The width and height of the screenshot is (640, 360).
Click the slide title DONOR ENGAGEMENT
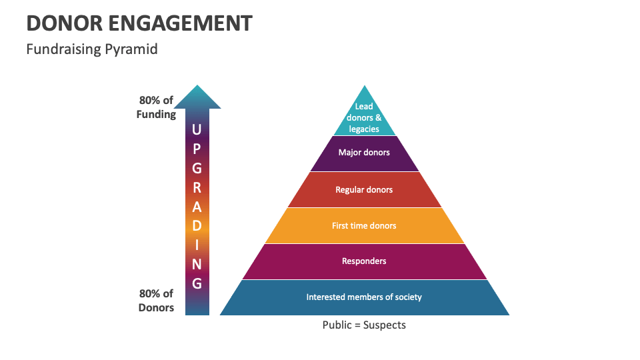pyautogui.click(x=139, y=23)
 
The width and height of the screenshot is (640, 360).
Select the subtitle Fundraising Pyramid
pyautogui.click(x=92, y=49)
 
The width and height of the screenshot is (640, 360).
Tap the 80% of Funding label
pyautogui.click(x=156, y=107)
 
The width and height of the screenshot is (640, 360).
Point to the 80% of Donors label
pyautogui.click(x=156, y=300)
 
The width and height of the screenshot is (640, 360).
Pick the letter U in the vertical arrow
pyautogui.click(x=197, y=129)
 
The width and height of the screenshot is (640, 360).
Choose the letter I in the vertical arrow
pyautogui.click(x=197, y=245)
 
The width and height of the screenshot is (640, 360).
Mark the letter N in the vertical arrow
pyautogui.click(x=197, y=264)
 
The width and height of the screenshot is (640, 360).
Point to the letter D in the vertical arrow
pyautogui.click(x=197, y=225)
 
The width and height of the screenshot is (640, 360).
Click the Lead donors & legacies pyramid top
pyautogui.click(x=364, y=117)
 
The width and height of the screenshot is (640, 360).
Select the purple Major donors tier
pyautogui.click(x=364, y=153)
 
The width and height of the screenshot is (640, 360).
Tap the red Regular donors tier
pyautogui.click(x=364, y=190)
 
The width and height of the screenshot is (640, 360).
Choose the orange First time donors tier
pyautogui.click(x=364, y=226)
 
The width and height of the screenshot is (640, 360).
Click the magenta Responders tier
pyautogui.click(x=364, y=261)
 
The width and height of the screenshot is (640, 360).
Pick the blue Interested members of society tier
pyautogui.click(x=364, y=297)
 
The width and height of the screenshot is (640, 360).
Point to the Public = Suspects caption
pyautogui.click(x=364, y=325)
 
